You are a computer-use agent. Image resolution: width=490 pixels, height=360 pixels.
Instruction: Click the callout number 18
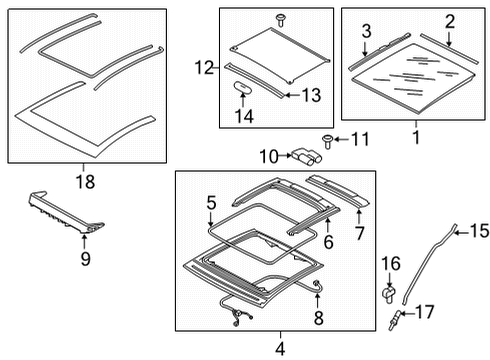(x=85, y=182)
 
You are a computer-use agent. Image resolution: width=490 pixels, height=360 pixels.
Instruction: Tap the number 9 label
(x=85, y=259)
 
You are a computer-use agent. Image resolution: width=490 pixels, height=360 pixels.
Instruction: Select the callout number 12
(x=204, y=68)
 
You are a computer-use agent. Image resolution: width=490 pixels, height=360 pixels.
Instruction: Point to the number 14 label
(x=244, y=116)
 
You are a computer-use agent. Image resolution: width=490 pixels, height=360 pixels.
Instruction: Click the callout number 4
(x=280, y=349)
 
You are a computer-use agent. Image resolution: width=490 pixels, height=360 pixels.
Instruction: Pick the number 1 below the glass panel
(x=416, y=137)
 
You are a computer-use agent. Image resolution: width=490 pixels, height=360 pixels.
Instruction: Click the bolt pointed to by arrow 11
(x=328, y=141)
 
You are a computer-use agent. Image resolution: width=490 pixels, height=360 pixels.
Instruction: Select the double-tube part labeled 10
(x=306, y=156)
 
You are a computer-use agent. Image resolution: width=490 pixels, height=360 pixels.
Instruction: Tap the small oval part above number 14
(x=242, y=86)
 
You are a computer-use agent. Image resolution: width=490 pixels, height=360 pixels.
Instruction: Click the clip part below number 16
(x=388, y=293)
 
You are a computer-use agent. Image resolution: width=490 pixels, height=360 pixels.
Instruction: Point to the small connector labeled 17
(x=394, y=320)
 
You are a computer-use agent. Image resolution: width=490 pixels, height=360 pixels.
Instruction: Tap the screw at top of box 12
(x=280, y=20)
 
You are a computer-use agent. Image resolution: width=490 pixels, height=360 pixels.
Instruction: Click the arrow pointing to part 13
(x=293, y=95)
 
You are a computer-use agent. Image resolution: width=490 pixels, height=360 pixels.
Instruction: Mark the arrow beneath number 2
(x=449, y=38)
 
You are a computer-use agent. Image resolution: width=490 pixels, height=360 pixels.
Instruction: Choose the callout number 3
(x=366, y=31)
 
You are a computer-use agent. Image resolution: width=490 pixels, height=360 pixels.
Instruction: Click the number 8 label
(x=318, y=317)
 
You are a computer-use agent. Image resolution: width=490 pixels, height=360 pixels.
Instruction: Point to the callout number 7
(x=359, y=233)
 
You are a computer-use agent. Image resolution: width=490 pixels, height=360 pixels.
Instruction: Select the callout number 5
(x=211, y=203)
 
